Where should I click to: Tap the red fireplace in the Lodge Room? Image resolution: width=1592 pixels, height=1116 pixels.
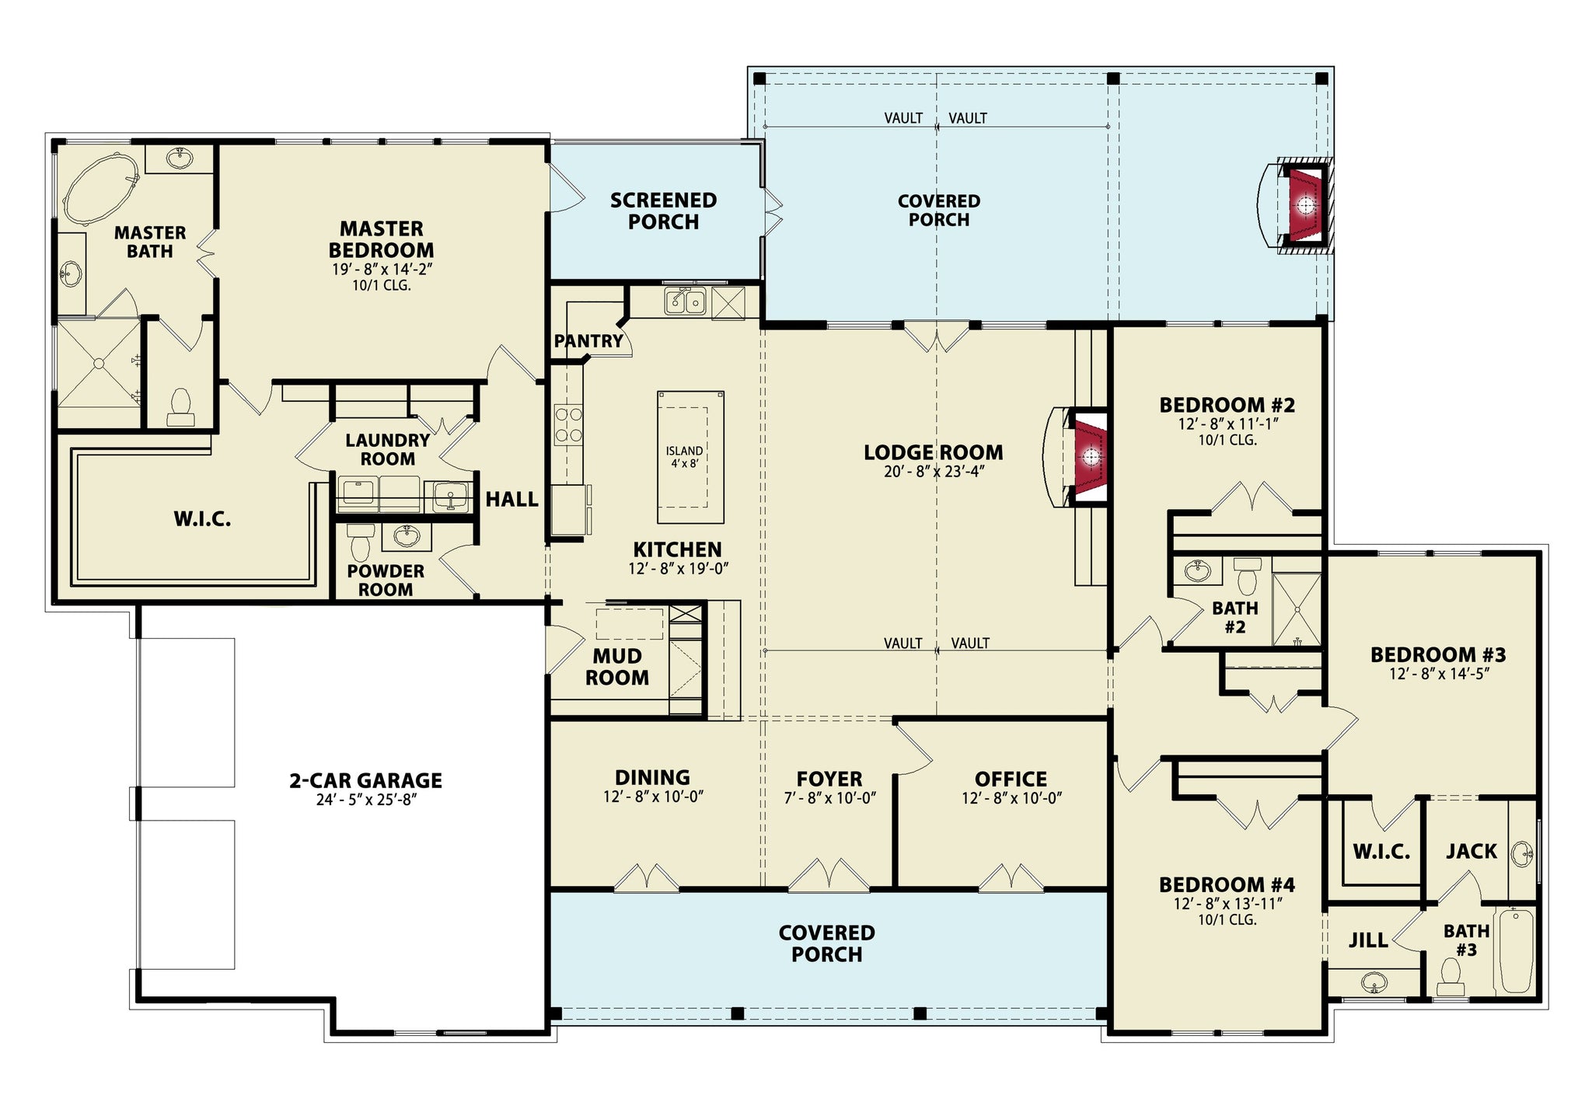point(1090,457)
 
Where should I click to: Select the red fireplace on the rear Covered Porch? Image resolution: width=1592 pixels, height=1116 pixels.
point(1306,205)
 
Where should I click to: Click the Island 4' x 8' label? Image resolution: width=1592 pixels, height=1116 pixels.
point(684,457)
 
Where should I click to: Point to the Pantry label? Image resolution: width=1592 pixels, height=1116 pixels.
point(588,341)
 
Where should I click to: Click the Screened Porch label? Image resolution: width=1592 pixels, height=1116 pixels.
point(663,211)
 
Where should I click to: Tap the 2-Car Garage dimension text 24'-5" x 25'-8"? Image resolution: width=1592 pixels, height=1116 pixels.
point(367,800)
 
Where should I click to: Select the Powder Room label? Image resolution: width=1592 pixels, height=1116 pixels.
point(386,581)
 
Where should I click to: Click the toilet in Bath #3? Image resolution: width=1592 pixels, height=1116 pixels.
point(1451,977)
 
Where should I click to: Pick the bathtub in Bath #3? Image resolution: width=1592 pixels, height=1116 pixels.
point(1515,951)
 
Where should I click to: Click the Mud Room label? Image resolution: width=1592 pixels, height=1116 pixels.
point(617,667)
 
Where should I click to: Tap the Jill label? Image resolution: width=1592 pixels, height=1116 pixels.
point(1368,940)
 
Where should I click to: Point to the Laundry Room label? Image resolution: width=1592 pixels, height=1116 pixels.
point(387,449)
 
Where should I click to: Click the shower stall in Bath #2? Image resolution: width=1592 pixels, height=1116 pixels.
point(1297,610)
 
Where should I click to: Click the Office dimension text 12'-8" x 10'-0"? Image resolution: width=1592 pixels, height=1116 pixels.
point(1011,798)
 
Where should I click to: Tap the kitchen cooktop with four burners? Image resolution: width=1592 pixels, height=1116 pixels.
point(568,424)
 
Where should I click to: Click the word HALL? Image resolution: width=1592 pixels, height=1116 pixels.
point(511,500)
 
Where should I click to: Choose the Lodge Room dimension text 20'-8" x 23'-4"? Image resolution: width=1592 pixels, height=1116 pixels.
point(934,472)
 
